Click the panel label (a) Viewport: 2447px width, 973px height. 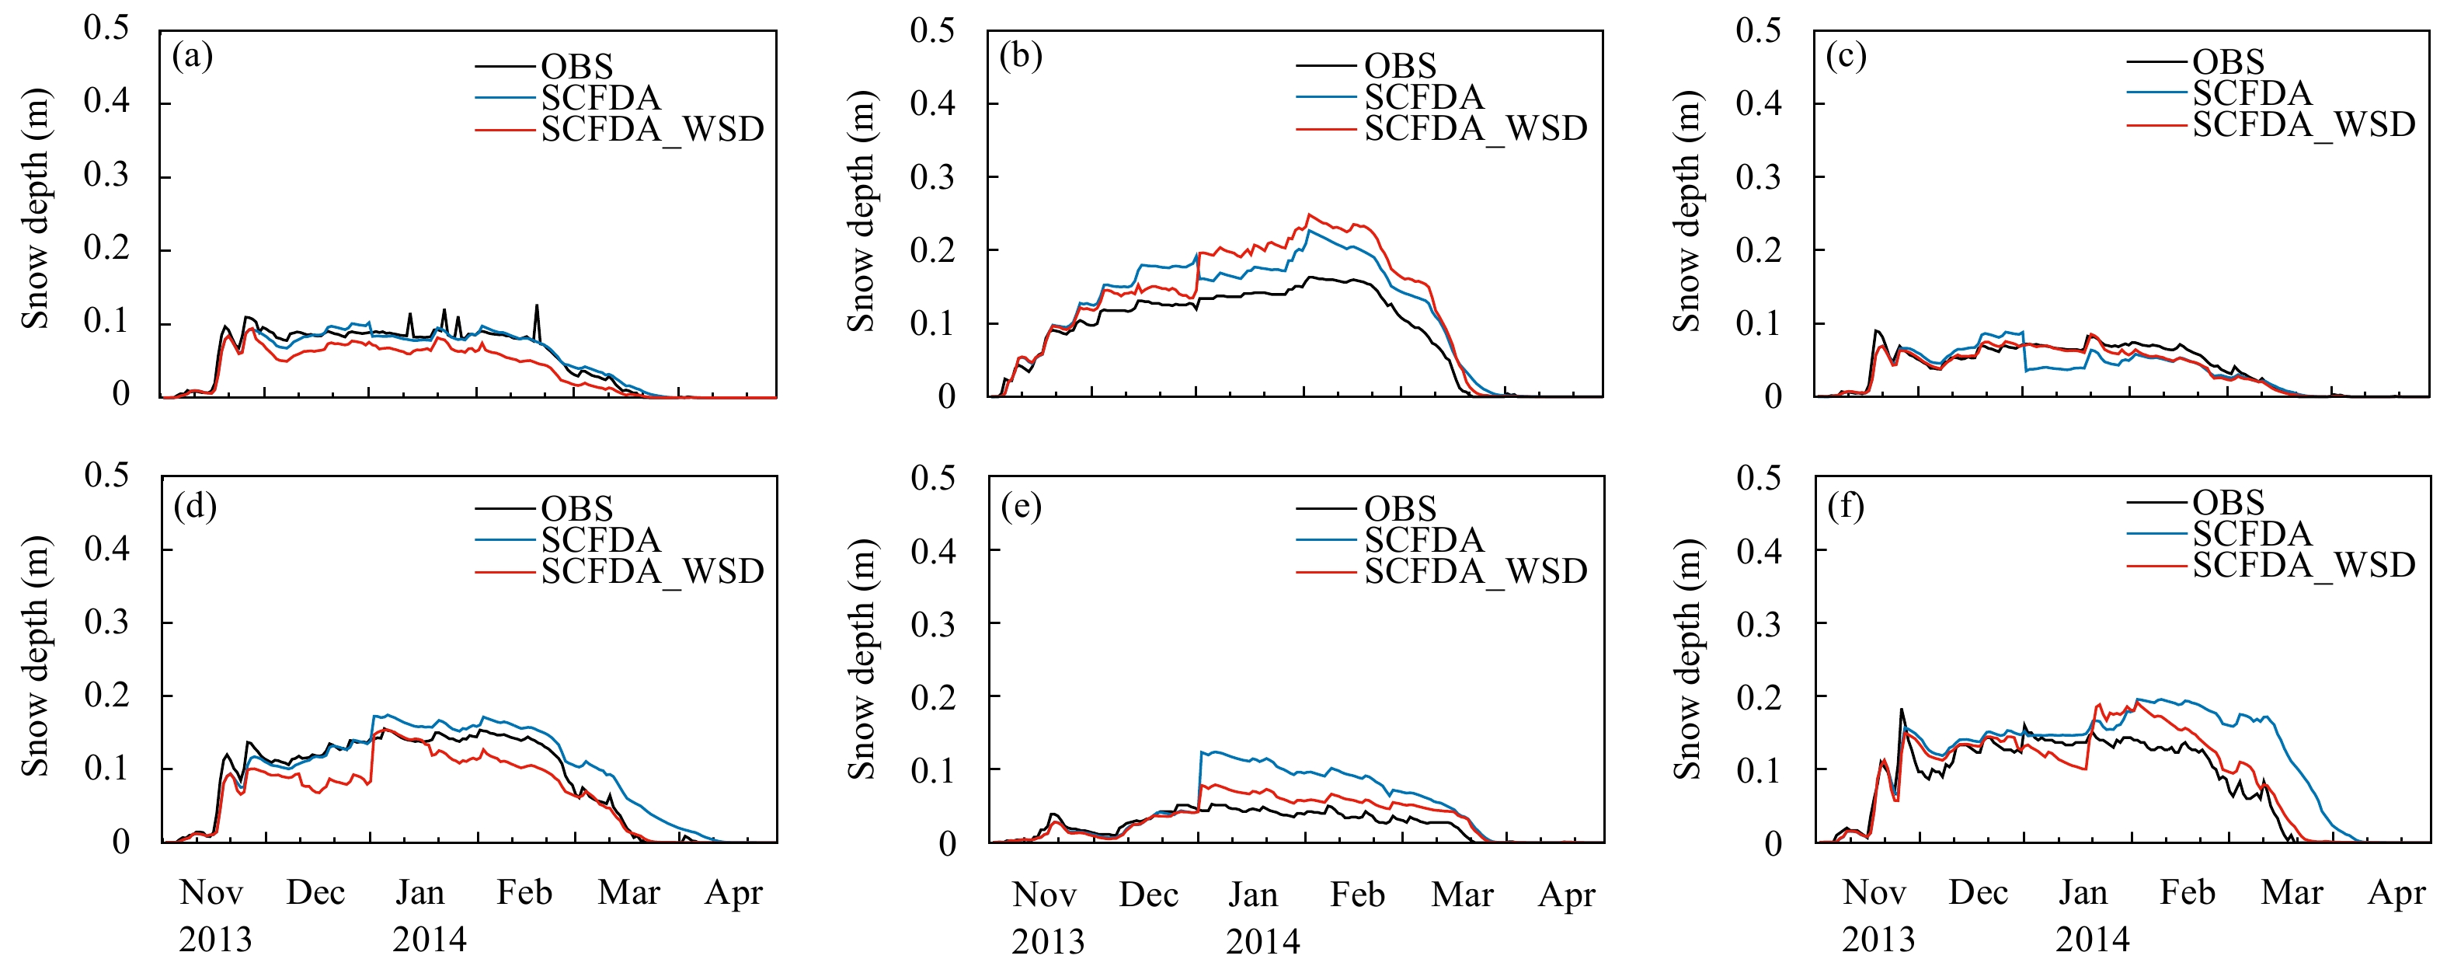tap(192, 57)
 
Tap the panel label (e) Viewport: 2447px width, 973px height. tap(1022, 507)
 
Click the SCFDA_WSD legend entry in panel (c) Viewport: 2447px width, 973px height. tap(2303, 124)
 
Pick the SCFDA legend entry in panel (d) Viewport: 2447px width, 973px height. tap(600, 539)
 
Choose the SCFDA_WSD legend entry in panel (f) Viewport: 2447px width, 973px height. tap(2303, 565)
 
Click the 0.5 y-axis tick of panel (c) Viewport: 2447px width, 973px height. tap(1758, 30)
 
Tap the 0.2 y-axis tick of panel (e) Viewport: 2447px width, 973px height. tap(933, 696)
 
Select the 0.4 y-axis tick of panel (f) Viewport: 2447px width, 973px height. tap(1758, 549)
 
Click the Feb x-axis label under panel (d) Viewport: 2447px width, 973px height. tap(524, 892)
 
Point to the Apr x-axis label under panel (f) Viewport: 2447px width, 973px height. tap(2397, 892)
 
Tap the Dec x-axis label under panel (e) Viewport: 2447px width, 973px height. tap(1148, 895)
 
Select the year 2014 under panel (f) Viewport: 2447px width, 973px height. tap(2093, 939)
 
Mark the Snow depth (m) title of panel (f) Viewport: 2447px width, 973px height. tap(1687, 658)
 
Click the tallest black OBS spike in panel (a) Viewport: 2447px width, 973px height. tap(537, 306)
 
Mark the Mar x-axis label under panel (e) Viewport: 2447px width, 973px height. tap(1462, 895)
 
